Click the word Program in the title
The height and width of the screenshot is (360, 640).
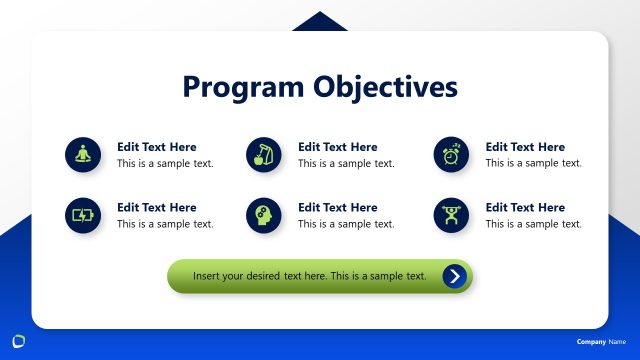point(241,87)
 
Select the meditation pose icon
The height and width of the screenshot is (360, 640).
point(83,154)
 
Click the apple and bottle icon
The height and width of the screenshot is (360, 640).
point(264,154)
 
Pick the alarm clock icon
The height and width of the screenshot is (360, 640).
point(452,154)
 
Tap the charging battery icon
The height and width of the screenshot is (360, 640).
point(83,215)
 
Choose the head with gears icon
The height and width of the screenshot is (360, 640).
point(264,215)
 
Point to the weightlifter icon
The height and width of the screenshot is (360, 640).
point(452,215)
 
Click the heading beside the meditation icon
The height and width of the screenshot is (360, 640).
point(157,147)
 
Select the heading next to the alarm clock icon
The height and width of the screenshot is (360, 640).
point(525,147)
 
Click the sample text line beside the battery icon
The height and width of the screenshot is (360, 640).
point(165,224)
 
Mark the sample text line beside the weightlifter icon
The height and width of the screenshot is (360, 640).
point(533,224)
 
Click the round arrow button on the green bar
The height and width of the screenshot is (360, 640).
point(455,276)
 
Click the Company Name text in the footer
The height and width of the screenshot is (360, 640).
point(600,342)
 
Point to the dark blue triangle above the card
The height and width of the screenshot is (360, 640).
point(320,22)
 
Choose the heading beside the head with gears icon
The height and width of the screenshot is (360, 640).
point(338,208)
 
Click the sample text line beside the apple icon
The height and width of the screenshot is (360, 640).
point(346,163)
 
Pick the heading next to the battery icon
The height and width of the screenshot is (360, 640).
point(157,208)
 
